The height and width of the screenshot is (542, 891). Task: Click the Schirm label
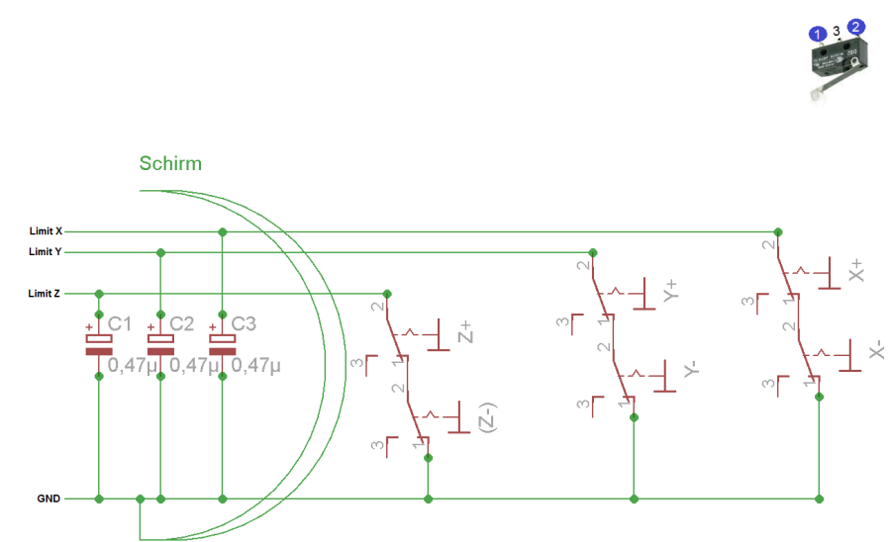(170, 163)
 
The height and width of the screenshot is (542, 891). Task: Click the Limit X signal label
(46, 231)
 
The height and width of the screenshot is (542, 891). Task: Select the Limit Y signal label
(45, 251)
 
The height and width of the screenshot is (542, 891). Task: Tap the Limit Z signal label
(44, 294)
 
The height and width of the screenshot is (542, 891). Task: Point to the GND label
(49, 498)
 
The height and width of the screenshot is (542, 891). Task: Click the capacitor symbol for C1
(99, 344)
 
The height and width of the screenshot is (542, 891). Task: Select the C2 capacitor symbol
(160, 344)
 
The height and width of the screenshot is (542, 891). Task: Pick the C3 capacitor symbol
(222, 344)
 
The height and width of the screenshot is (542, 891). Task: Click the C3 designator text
(244, 323)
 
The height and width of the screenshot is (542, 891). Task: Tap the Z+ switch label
(465, 332)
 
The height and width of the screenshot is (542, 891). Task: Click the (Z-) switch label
(487, 417)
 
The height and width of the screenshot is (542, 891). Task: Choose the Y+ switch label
(670, 290)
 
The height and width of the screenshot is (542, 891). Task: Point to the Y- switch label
(691, 369)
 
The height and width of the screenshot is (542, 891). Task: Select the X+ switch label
(855, 271)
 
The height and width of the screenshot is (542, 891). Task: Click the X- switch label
(876, 349)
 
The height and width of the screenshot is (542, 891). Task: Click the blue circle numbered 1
(817, 34)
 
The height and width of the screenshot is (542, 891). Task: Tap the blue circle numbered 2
(855, 27)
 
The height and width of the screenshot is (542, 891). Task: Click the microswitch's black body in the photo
(839, 59)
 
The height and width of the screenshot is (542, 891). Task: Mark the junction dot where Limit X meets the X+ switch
(778, 231)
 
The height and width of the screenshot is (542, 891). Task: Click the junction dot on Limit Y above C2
(160, 252)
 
